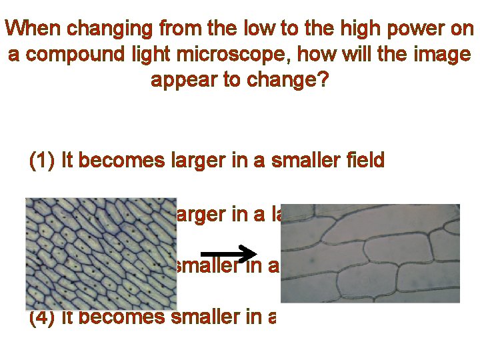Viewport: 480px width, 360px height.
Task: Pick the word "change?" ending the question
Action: click(288, 80)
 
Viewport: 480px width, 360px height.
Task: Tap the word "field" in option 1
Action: click(363, 161)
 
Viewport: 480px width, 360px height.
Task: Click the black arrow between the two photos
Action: click(229, 254)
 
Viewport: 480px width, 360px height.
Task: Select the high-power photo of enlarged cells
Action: click(370, 253)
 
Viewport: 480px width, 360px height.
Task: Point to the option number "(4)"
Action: click(42, 317)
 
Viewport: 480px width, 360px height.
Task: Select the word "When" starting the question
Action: click(33, 30)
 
